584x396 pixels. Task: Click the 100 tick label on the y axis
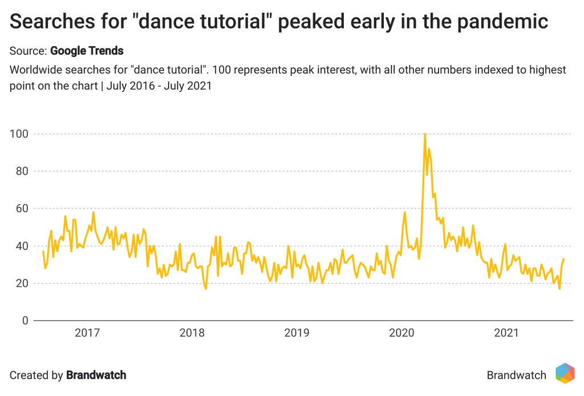pyautogui.click(x=19, y=134)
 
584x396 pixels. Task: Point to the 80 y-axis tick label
pyautogui.click(x=21, y=171)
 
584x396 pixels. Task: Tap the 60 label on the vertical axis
pyautogui.click(x=21, y=209)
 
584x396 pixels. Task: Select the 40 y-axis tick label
pyautogui.click(x=21, y=246)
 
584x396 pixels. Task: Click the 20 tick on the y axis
pyautogui.click(x=21, y=284)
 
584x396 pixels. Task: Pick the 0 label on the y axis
pyautogui.click(x=25, y=321)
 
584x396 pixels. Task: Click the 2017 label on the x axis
pyautogui.click(x=87, y=333)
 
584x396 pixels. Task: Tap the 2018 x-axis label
pyautogui.click(x=192, y=333)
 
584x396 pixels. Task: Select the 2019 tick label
pyautogui.click(x=297, y=333)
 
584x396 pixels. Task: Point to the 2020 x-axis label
pyautogui.click(x=401, y=333)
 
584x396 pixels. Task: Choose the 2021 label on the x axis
pyautogui.click(x=506, y=333)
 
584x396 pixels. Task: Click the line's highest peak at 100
pyautogui.click(x=425, y=134)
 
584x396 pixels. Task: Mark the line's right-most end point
pyautogui.click(x=563, y=259)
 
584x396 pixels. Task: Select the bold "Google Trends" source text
pyautogui.click(x=87, y=51)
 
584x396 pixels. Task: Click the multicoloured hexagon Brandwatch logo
pyautogui.click(x=565, y=374)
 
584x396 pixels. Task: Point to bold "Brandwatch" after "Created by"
pyautogui.click(x=96, y=375)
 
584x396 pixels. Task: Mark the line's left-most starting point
pyautogui.click(x=43, y=251)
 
